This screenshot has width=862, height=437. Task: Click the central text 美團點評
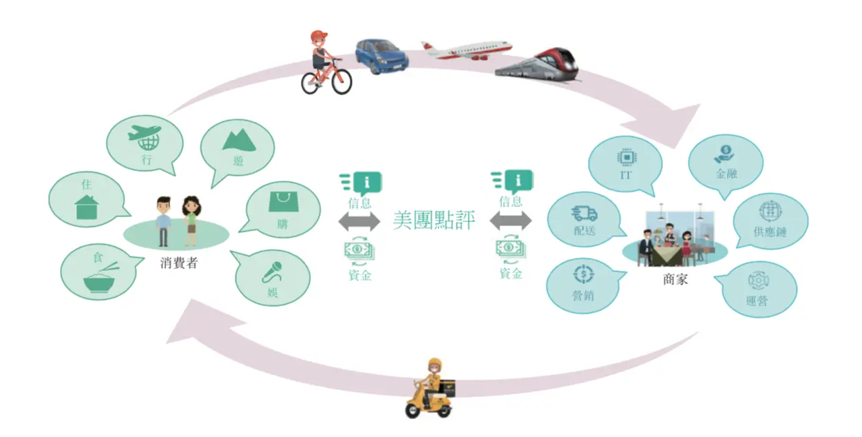click(x=434, y=220)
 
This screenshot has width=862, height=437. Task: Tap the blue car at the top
click(x=381, y=56)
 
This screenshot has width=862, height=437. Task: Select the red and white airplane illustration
click(x=467, y=50)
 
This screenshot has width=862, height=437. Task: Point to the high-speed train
click(x=537, y=65)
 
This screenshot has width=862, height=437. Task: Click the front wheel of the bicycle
click(x=341, y=81)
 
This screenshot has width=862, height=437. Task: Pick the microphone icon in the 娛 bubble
click(x=273, y=272)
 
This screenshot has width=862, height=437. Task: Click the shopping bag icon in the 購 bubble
click(x=284, y=201)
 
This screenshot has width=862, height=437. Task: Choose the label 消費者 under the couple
click(x=179, y=263)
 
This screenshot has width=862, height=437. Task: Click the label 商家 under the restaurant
click(x=675, y=279)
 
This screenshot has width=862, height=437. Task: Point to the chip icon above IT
click(x=627, y=157)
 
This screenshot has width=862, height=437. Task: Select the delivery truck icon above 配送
click(x=584, y=213)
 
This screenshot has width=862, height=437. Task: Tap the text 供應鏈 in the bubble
click(x=770, y=232)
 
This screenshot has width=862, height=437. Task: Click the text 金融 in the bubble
click(x=726, y=174)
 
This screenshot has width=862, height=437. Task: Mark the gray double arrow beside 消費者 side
click(x=359, y=221)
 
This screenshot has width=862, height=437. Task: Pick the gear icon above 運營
click(x=759, y=281)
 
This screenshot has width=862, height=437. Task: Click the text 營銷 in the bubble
click(x=583, y=296)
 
